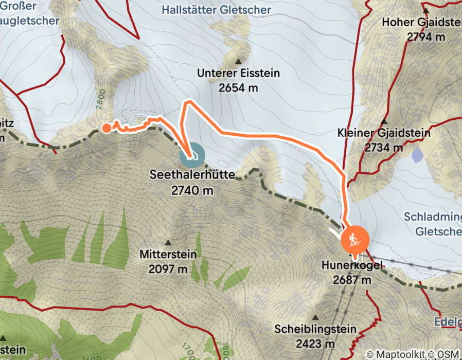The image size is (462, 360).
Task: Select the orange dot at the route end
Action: click(106, 128)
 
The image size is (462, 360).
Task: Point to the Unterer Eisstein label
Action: click(238, 73)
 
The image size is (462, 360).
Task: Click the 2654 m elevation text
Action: click(238, 87)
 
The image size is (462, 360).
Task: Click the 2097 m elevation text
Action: click(168, 268)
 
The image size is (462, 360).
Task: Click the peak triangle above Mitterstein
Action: click(168, 242)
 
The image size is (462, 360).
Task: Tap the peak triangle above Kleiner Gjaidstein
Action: click(384, 122)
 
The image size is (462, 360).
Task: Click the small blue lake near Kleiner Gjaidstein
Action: click(418, 153)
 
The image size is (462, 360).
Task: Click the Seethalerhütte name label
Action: click(192, 175)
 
